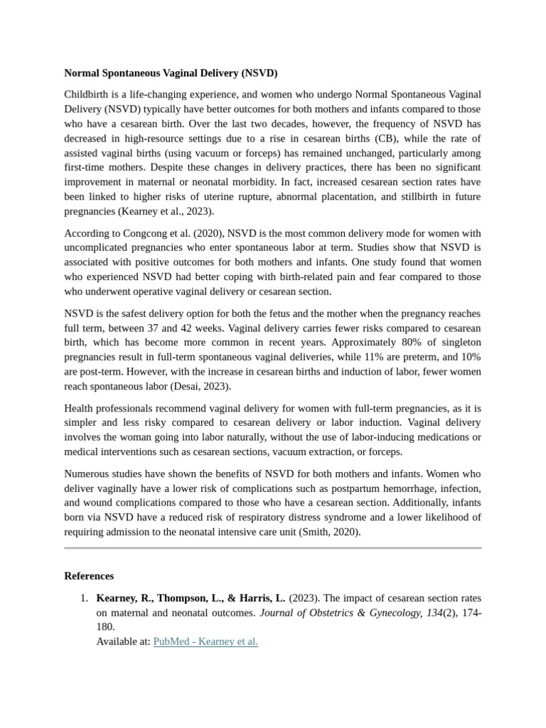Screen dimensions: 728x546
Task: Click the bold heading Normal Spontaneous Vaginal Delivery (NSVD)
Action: (171, 73)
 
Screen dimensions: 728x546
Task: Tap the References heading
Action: (89, 576)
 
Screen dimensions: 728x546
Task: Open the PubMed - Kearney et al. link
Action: (205, 641)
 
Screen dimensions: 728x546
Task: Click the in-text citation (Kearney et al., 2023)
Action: (152, 211)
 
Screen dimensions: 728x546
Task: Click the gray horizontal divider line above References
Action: (273, 548)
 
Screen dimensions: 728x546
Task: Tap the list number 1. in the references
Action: (84, 598)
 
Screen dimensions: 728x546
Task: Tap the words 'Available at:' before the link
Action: (123, 641)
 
